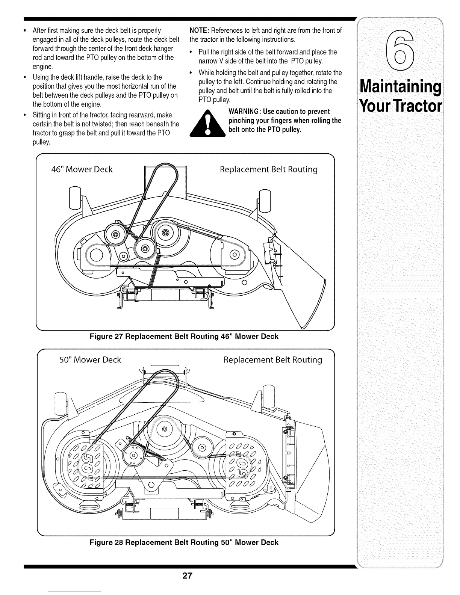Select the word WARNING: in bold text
244,112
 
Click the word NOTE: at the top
200,30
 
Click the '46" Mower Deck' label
82,169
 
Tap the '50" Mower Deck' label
90,360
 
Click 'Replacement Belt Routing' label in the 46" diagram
268,169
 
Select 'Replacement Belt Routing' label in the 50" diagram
273,360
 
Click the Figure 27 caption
184,336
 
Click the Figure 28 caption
184,542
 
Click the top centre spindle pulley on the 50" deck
164,429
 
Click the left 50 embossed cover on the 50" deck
83,466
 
